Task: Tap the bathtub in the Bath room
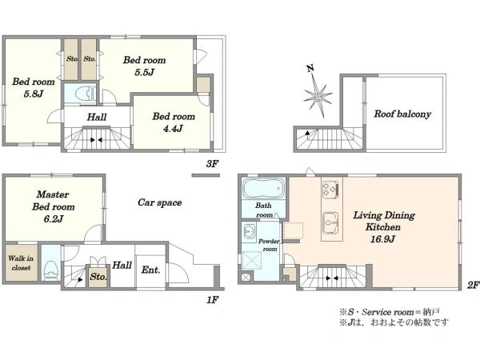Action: pos(263,189)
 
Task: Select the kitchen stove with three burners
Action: pos(331,190)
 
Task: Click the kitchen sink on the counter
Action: pos(330,222)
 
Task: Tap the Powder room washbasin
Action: pos(250,231)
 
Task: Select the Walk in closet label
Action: pos(21,263)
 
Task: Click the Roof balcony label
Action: pos(402,114)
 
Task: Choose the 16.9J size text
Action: pos(382,238)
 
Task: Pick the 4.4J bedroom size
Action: pos(173,129)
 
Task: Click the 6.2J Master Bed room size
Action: pos(54,219)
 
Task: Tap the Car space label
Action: pos(159,202)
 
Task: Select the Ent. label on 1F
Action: pos(150,270)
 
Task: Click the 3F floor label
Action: pos(212,164)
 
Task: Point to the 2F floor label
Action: pos(473,286)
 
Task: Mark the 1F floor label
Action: pos(212,300)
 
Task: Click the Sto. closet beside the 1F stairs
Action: pos(98,277)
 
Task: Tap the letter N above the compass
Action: pos(310,68)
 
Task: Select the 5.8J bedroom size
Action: pos(34,94)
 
